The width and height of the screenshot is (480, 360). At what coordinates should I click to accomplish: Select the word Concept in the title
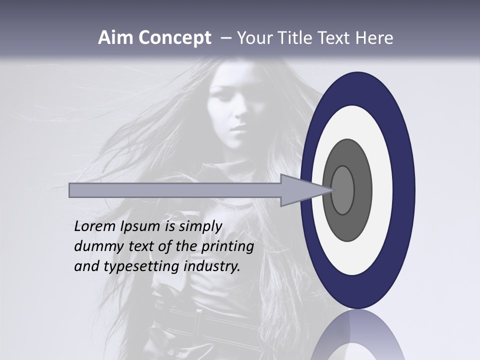(x=174, y=38)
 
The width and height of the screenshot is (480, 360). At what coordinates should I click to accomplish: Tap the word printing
(x=227, y=246)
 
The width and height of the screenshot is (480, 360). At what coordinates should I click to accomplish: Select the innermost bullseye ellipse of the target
(x=342, y=190)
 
